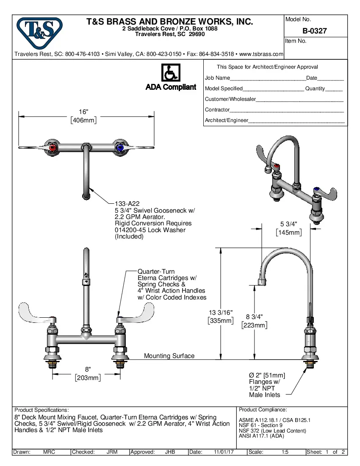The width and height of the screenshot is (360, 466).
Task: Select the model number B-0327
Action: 314,31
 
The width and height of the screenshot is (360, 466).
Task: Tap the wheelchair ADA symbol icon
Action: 171,73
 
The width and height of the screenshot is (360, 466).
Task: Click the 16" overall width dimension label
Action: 84,112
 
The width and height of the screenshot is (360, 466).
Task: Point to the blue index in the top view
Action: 120,148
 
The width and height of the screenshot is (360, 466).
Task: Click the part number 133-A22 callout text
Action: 127,204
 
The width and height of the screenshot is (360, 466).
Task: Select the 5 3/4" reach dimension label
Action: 289,224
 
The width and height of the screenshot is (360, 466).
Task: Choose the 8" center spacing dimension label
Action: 88,369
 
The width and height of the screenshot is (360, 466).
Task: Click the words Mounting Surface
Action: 169,356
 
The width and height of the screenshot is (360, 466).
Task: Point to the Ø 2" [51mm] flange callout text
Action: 267,375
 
